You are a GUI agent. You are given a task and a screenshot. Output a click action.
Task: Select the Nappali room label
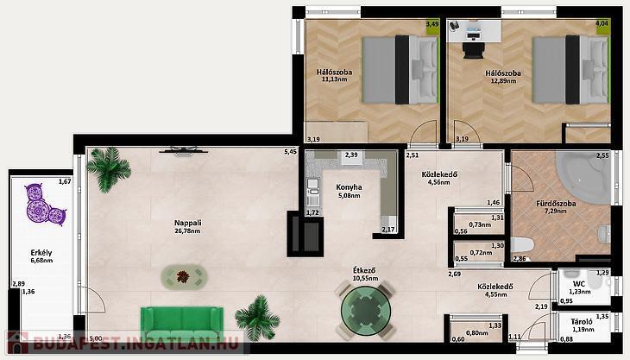(187, 223)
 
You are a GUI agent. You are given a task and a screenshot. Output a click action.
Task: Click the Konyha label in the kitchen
(349, 187)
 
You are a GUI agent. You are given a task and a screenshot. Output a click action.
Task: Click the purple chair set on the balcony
(45, 205)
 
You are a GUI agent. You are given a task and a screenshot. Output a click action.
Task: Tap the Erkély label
(41, 253)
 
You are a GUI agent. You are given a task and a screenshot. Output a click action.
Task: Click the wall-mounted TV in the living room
(184, 150)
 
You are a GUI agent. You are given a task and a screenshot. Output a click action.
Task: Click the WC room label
(579, 284)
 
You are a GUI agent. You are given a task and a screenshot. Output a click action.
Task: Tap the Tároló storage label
(582, 322)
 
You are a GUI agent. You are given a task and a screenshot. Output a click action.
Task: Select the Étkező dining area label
(364, 270)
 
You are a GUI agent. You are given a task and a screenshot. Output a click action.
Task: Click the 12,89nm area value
(503, 81)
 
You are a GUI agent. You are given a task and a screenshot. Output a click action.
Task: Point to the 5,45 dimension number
(291, 152)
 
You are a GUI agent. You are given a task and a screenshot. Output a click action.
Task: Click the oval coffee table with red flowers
(185, 276)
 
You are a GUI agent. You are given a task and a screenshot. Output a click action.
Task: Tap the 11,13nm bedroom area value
(334, 79)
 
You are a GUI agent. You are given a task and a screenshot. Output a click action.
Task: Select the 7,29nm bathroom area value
(556, 211)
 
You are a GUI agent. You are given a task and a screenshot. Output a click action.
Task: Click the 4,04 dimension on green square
(602, 23)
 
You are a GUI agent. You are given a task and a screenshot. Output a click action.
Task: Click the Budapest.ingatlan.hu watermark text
(135, 344)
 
